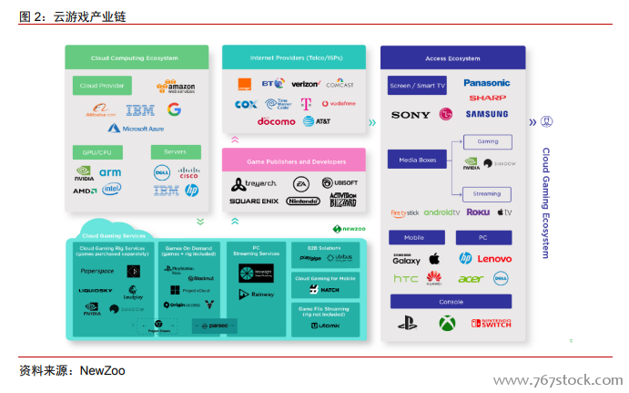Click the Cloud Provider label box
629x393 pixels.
102,86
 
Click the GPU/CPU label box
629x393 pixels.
97,151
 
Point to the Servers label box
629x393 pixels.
176,151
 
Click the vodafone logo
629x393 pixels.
337,104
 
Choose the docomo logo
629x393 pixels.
276,121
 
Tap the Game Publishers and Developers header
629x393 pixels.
296,161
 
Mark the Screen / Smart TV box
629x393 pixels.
418,86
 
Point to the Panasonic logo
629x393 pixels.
486,83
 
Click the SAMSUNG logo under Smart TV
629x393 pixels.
486,115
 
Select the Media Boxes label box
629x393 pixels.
418,160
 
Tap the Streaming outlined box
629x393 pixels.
487,193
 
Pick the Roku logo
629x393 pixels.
478,212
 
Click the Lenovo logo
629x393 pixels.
494,259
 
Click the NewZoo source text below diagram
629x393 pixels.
102,370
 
